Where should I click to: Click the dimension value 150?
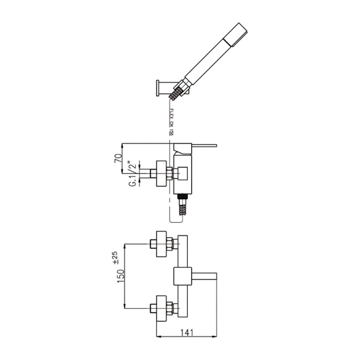121,276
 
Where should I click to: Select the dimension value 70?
118,159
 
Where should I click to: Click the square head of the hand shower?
236,35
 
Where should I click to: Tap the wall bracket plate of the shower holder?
157,88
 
